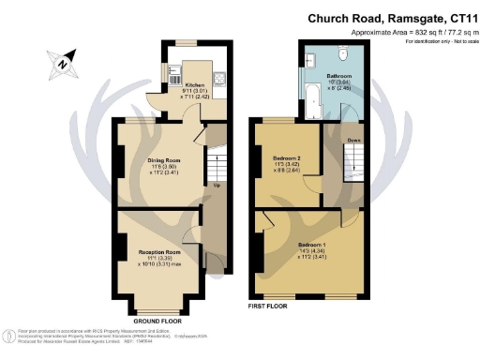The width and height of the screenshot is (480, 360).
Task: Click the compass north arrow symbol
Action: coord(57,63)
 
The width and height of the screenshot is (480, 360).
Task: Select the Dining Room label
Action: coord(163,160)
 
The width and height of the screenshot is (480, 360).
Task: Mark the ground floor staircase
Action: coord(215,169)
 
